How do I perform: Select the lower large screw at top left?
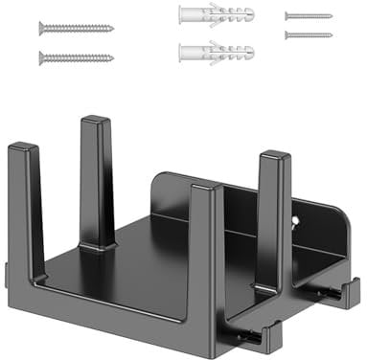tap(77, 57)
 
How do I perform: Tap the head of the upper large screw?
tap(43, 29)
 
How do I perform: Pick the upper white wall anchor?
tap(217, 15)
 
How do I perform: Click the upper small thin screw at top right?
tap(309, 16)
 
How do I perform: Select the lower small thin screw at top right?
tap(309, 34)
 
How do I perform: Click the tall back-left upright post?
tap(96, 182)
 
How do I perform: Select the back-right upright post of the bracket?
tap(273, 220)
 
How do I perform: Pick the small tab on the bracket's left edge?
tap(7, 277)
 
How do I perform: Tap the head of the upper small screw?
tap(287, 16)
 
